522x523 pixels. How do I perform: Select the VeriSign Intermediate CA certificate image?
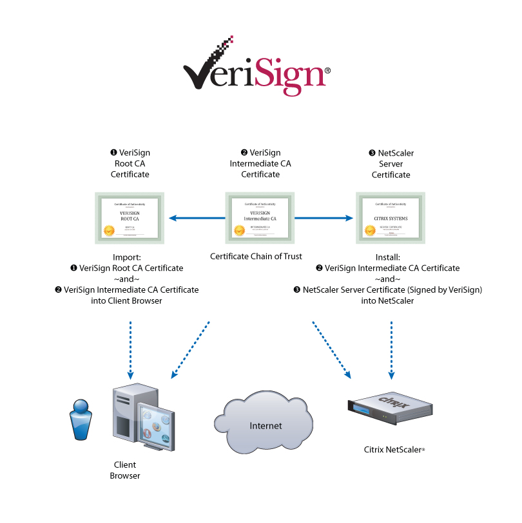point(260,217)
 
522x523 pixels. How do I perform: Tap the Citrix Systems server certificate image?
point(391,217)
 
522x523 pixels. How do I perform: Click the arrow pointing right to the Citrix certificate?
point(325,218)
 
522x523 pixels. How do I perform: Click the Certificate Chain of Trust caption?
point(256,256)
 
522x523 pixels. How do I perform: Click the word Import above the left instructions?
point(127,256)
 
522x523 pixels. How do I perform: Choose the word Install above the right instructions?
point(391,256)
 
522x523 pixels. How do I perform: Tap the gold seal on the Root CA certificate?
point(109,230)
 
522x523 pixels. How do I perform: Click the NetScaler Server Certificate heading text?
point(391,163)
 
